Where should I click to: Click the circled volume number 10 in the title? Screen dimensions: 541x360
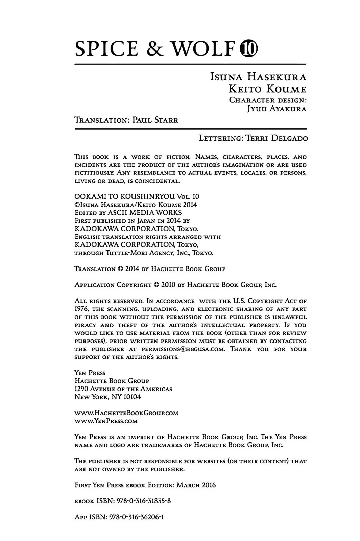pos(248,49)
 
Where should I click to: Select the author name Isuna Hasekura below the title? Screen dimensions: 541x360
pos(258,77)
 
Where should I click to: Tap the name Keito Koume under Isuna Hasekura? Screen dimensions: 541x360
pos(267,89)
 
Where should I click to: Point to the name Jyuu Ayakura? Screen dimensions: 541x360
pos(277,109)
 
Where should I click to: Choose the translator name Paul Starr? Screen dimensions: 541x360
pos(155,120)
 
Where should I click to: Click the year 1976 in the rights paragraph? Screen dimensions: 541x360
pos(81,309)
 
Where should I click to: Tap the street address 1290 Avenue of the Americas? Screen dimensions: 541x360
pos(123,389)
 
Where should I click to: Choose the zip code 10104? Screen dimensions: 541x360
pos(131,397)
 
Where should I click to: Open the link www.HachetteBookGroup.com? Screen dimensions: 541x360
pos(126,413)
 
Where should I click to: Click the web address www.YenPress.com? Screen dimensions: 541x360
pos(106,421)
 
